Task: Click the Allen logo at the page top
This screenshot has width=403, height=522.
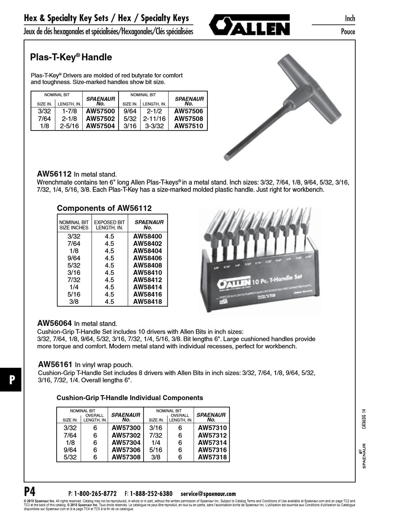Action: (249, 25)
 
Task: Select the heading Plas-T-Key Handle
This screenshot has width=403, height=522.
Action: (71, 58)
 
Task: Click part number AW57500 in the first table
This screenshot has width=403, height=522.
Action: (100, 111)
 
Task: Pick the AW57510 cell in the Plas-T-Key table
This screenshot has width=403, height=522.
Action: (189, 126)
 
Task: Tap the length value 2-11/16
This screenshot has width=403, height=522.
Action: (154, 119)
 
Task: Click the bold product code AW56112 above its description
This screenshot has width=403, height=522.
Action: (54, 174)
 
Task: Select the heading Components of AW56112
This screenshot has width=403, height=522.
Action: (104, 208)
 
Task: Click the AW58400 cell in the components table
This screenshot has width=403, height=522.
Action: (148, 237)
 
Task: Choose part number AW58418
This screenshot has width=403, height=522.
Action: (148, 302)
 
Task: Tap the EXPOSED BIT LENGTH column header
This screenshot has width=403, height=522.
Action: (109, 225)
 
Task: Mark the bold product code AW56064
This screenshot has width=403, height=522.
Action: (55, 323)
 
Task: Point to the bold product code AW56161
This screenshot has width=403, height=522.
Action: (55, 365)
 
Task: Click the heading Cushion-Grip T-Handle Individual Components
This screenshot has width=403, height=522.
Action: (130, 398)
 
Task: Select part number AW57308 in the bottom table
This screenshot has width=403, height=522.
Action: (126, 457)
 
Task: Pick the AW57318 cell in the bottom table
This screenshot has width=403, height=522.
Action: (212, 457)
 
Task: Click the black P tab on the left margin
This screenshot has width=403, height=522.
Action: (11, 379)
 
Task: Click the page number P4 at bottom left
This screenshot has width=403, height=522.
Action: (29, 491)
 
